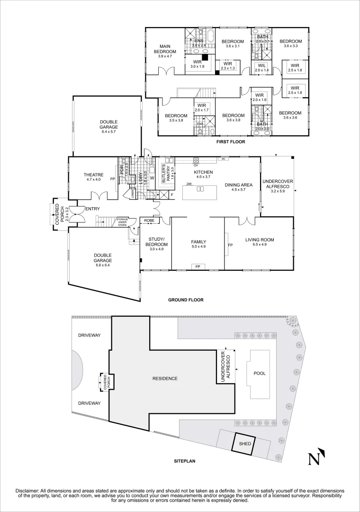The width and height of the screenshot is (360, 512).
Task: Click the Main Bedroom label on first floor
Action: [164, 49]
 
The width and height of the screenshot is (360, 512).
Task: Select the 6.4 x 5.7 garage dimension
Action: [108, 131]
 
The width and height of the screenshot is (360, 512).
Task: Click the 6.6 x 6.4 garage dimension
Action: [102, 265]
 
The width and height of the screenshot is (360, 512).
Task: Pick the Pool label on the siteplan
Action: [259, 373]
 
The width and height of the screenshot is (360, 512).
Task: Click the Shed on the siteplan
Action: [243, 444]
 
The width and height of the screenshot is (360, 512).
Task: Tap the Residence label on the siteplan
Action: [165, 378]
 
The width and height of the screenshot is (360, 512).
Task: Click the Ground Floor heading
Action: [186, 300]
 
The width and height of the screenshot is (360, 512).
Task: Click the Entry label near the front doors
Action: [93, 209]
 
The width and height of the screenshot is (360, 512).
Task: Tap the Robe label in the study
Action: [149, 220]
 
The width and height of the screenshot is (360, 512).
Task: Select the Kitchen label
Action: [203, 172]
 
